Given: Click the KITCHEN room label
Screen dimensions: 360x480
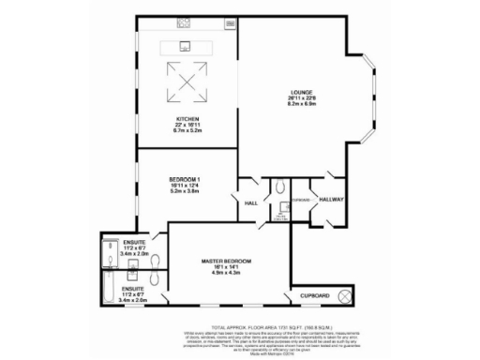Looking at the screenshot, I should pos(187,119).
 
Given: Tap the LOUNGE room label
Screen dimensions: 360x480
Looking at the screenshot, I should pos(301,92).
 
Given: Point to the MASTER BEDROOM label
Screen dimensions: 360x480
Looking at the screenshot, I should pos(226,259).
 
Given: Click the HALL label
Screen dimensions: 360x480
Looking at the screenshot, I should pos(251,203).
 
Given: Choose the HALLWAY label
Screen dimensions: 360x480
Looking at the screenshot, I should pos(332,199).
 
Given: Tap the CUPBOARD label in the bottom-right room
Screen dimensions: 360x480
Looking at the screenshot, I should pos(314,295).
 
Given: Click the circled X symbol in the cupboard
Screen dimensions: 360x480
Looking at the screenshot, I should pos(345,295).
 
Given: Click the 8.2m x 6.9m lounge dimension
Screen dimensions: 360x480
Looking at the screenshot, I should pos(301,105).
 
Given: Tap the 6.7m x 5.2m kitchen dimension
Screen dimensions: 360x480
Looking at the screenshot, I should pos(187,131).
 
